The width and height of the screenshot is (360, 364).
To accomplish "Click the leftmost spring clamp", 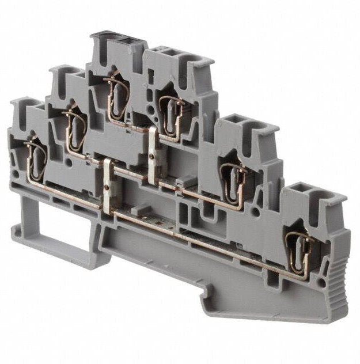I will [36, 157].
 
